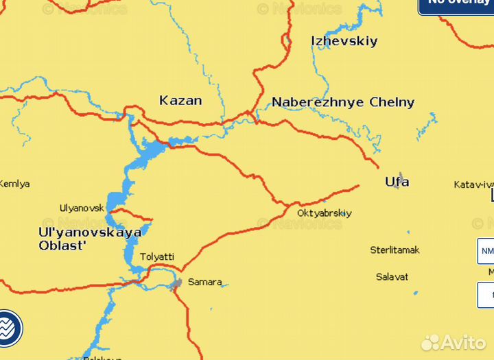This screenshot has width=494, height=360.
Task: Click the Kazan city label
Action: (180, 101)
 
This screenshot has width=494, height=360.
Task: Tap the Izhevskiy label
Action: (344, 41)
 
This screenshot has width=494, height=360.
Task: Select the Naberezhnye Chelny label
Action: (343, 103)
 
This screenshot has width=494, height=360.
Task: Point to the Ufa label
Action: (397, 182)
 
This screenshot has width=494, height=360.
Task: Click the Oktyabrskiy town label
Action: (324, 213)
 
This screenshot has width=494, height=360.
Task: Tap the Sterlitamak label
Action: (395, 250)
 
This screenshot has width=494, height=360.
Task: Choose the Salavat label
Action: (392, 277)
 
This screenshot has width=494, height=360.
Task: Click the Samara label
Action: (205, 282)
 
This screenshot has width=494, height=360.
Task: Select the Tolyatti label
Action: (157, 257)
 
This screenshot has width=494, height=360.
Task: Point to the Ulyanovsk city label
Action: (82, 208)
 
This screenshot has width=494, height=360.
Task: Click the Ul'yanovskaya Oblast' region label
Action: (90, 239)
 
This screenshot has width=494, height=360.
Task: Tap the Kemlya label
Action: (14, 184)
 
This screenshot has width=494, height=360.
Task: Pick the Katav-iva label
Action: (473, 184)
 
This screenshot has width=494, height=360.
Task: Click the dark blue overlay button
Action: (456, 5)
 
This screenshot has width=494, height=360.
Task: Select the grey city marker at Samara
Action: (177, 283)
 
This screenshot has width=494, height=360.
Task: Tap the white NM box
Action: (486, 251)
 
